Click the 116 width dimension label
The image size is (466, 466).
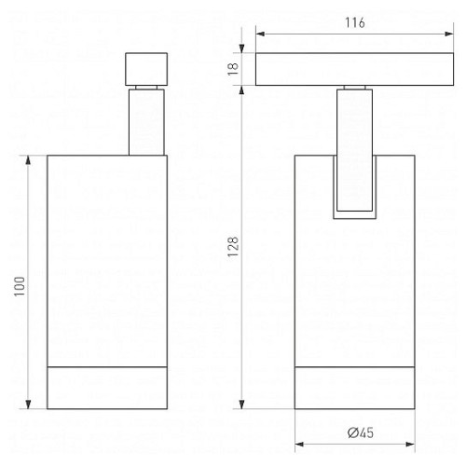point(355,22)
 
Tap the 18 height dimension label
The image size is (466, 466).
point(233,69)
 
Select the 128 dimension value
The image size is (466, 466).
point(233,247)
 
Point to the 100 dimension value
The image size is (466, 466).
point(20,286)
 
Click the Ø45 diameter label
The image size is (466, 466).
point(361,432)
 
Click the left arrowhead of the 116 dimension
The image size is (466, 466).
point(260,34)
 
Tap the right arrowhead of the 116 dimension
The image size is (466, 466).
point(449,34)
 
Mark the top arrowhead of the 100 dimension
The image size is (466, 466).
point(28,159)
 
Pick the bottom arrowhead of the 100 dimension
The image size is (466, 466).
point(28,404)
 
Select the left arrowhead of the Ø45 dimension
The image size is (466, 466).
point(299,445)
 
